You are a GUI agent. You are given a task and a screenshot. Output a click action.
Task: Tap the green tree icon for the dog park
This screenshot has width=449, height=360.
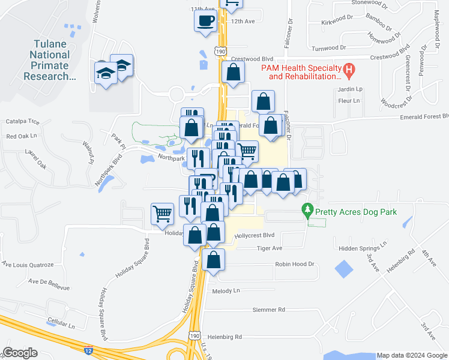pos(307,211)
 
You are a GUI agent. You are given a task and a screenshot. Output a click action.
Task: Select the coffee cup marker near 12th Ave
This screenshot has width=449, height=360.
pos(205,21)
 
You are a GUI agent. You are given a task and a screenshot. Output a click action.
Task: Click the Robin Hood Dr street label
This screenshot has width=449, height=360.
pos(295,264)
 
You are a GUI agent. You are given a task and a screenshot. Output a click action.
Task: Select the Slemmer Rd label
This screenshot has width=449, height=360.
pos(268,310)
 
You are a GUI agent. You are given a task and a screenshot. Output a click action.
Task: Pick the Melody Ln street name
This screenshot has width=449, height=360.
pos(226,290)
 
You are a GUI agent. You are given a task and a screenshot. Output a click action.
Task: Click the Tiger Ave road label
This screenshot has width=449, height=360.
pos(269,248)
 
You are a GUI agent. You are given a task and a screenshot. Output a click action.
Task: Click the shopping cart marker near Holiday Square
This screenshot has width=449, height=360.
pos(162,213)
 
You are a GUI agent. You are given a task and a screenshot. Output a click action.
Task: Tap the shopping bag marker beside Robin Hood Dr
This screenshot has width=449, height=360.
pos(213,259)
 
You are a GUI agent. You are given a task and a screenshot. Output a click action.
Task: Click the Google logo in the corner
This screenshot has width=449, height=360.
pos(20,353)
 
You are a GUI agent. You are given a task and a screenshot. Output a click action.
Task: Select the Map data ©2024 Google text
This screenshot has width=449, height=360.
pos(411,356)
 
